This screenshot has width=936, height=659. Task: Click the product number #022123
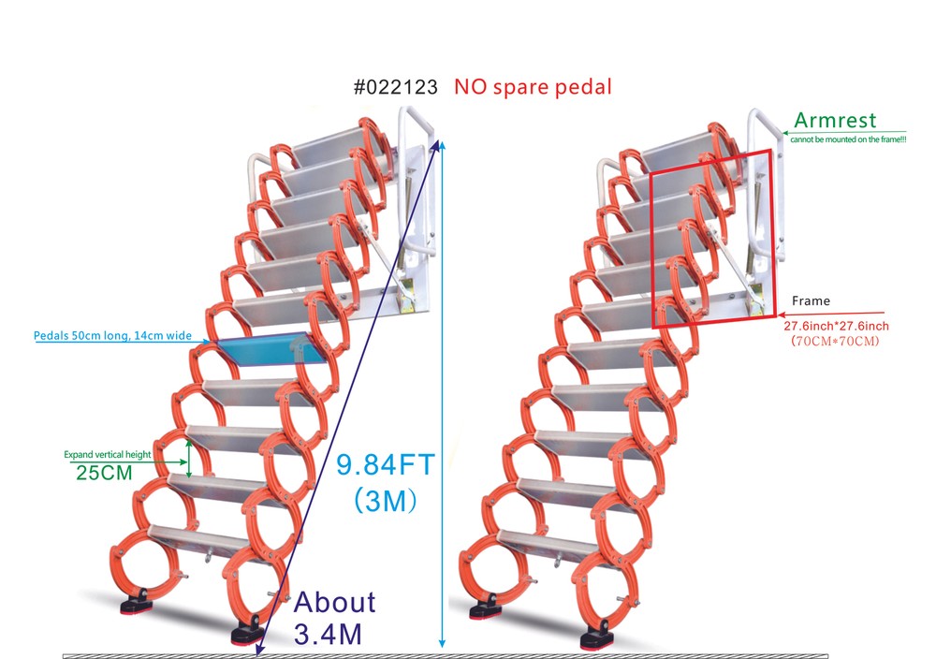point(396,87)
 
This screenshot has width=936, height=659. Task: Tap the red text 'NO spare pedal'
point(534,87)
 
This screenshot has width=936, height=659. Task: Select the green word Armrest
point(835,120)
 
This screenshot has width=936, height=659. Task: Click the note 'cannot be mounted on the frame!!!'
point(848,139)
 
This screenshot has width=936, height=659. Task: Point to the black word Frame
point(811,300)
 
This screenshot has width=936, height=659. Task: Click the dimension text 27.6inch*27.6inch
point(836,326)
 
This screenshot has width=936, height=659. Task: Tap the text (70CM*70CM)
point(835,342)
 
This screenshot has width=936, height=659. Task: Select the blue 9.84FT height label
point(385,465)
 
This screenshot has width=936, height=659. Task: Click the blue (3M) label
point(385,500)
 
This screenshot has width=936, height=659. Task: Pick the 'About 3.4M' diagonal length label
point(334,618)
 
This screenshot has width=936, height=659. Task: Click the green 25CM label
point(104,473)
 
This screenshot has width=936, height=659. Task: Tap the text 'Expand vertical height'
point(108,454)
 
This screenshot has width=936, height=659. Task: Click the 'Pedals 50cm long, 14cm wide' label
point(113,335)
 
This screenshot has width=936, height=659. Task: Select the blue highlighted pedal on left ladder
point(271,349)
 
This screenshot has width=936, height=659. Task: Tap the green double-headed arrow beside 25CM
point(189,459)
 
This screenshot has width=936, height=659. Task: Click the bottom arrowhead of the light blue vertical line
point(442,643)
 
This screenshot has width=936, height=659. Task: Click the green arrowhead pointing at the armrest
point(786,133)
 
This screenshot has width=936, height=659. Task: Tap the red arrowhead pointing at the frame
point(782,314)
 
